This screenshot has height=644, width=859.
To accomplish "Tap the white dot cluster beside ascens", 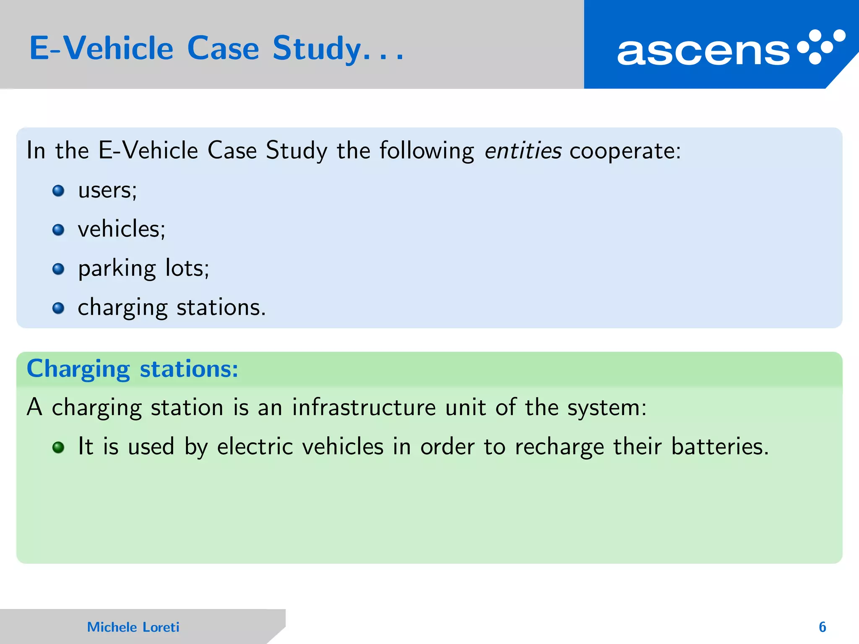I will point(821,47).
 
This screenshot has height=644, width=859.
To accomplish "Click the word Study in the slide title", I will point(316,49).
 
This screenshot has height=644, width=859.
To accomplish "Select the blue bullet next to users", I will point(58,191).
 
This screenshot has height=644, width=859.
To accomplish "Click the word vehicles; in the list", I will point(122,229).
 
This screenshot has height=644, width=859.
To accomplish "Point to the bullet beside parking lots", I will point(58,269).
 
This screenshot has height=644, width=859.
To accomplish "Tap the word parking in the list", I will point(117,269).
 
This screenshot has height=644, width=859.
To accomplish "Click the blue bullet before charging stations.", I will point(58,308).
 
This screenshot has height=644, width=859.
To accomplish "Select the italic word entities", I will point(523,151).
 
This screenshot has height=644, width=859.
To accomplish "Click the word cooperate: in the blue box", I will point(625,151).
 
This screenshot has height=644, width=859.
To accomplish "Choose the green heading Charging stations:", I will point(133,369).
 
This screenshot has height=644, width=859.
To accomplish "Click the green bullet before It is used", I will point(58,447).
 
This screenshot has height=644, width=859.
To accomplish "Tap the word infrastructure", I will point(364,407).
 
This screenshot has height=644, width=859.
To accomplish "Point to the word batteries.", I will point(720,446).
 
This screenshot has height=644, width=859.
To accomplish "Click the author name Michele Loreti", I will point(133,627).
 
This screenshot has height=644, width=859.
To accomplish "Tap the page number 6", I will point(822,627).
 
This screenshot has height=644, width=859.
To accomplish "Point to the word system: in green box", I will point(607,408).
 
